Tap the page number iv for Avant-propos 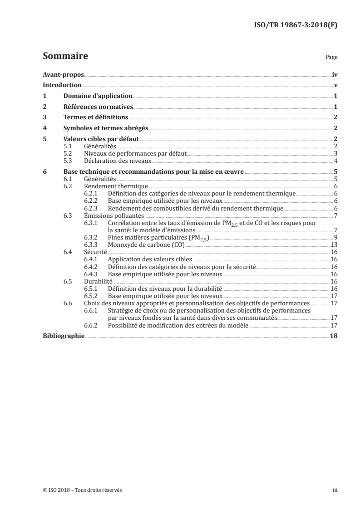click(335, 74)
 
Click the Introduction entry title click(62, 85)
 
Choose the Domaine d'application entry click(98, 96)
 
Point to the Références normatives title click(98, 107)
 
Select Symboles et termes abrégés click(105, 128)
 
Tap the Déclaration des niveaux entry click(118, 161)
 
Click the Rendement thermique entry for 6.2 click(116, 186)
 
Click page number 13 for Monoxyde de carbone click(334, 244)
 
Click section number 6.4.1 click(91, 259)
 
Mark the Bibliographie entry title click(64, 336)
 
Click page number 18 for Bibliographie click(334, 336)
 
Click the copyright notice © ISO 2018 click(82, 490)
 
